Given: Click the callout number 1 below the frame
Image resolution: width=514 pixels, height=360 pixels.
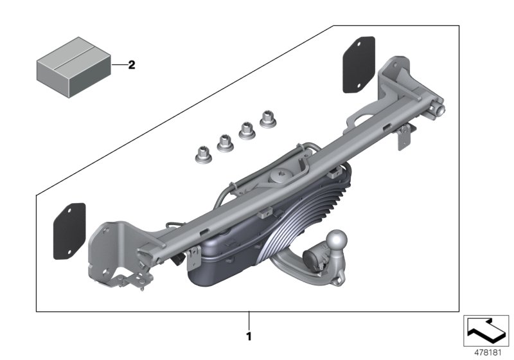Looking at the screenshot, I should (249, 336).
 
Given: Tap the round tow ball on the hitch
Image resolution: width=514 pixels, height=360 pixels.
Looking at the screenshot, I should (337, 242).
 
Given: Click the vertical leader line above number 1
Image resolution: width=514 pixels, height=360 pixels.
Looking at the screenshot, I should (249, 319).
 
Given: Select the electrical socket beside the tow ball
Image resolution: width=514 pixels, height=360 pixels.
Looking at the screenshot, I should (315, 256).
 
